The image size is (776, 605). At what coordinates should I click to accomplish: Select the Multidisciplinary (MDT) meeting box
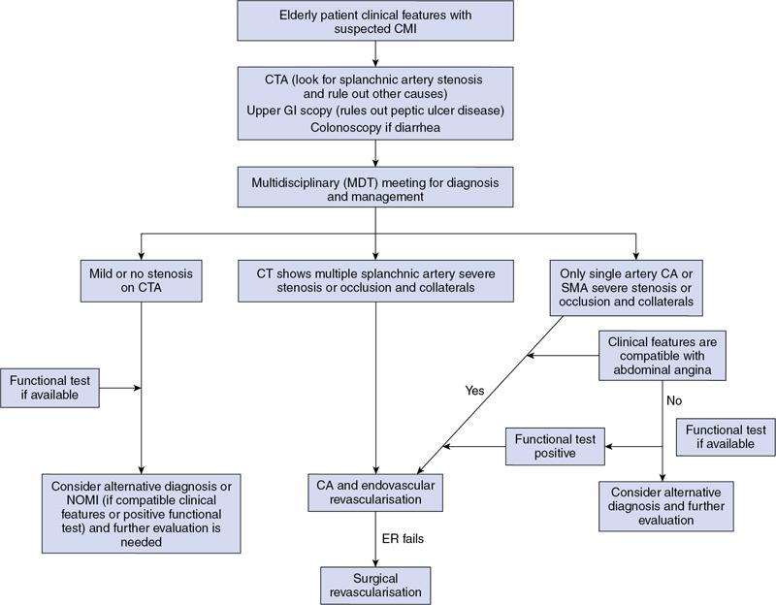(x=374, y=186)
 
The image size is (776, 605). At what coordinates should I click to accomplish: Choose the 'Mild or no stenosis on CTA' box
(x=142, y=283)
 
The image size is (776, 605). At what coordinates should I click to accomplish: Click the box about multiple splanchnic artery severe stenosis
(x=374, y=283)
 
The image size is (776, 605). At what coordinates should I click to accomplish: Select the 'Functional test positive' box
(x=555, y=445)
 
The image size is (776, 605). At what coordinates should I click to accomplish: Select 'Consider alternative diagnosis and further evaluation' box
(x=661, y=505)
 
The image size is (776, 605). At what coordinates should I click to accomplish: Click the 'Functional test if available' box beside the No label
(x=726, y=436)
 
